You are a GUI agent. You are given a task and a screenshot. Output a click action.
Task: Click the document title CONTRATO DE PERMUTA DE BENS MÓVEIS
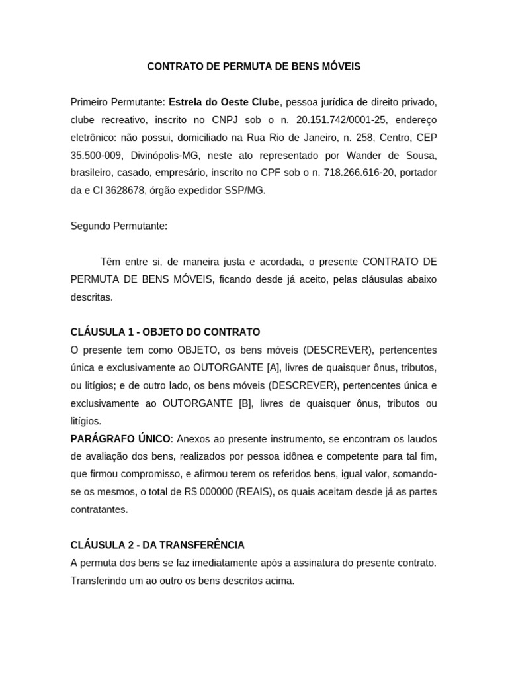click(253, 67)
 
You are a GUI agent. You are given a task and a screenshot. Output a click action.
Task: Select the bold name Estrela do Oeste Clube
click(225, 102)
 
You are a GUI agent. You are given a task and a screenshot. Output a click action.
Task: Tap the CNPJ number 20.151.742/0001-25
click(346, 120)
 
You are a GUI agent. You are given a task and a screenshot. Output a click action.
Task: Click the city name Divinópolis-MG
click(167, 155)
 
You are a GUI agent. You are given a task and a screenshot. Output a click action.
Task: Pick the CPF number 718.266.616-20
click(358, 173)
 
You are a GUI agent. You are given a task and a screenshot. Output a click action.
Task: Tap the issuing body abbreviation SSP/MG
click(245, 191)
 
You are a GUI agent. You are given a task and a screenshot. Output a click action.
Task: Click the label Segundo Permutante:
click(119, 226)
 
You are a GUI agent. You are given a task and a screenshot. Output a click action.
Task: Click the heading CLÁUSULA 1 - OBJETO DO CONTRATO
click(165, 332)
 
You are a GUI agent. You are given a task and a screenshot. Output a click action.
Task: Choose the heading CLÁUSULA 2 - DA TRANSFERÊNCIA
click(157, 545)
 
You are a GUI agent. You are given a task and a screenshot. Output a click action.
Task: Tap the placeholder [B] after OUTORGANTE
click(245, 403)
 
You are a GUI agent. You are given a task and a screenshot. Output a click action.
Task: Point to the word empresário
click(179, 173)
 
